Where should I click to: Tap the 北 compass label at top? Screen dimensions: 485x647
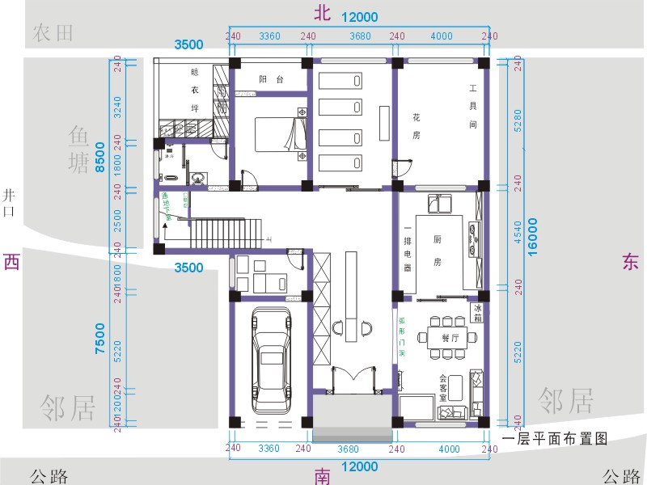click(323, 12)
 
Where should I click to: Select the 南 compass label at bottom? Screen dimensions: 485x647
click(323, 476)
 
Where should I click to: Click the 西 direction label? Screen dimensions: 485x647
click(11, 262)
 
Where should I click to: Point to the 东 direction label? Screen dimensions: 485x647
click(631, 262)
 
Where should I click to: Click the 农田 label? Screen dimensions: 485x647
click(53, 33)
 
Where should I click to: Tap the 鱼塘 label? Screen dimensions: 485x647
click(79, 150)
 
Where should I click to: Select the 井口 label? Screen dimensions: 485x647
click(10, 202)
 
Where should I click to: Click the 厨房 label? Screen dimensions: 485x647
click(437, 251)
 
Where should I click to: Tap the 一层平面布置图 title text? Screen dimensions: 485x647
click(554, 439)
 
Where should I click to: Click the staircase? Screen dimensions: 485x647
click(218, 232)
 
